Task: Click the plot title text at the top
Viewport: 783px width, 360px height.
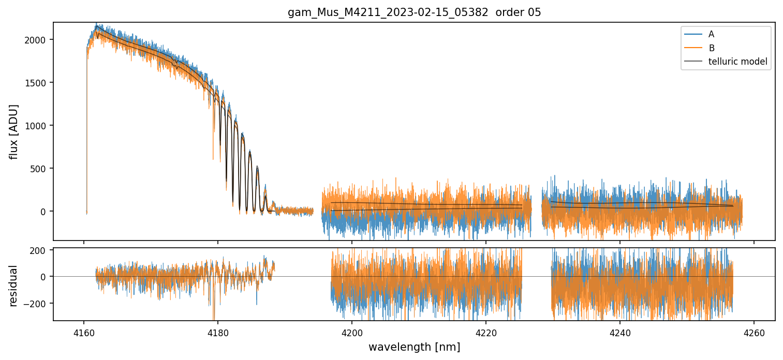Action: [414, 12]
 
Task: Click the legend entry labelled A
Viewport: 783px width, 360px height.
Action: [711, 34]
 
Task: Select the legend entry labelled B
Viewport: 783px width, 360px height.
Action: [711, 48]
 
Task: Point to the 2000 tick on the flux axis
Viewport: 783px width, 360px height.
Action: [38, 40]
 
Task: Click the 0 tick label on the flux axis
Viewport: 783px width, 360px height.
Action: [44, 212]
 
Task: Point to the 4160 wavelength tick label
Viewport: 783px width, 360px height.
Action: [84, 332]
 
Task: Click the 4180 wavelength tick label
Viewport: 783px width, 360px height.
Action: [218, 332]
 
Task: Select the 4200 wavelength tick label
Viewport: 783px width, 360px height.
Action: [352, 332]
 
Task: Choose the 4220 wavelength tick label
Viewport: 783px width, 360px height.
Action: [486, 332]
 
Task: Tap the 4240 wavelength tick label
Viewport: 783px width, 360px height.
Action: [620, 332]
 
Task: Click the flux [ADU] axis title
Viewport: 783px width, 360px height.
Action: [14, 131]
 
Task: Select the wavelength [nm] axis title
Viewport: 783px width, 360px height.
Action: [414, 347]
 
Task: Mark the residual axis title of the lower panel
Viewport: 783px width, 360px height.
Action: [14, 286]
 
